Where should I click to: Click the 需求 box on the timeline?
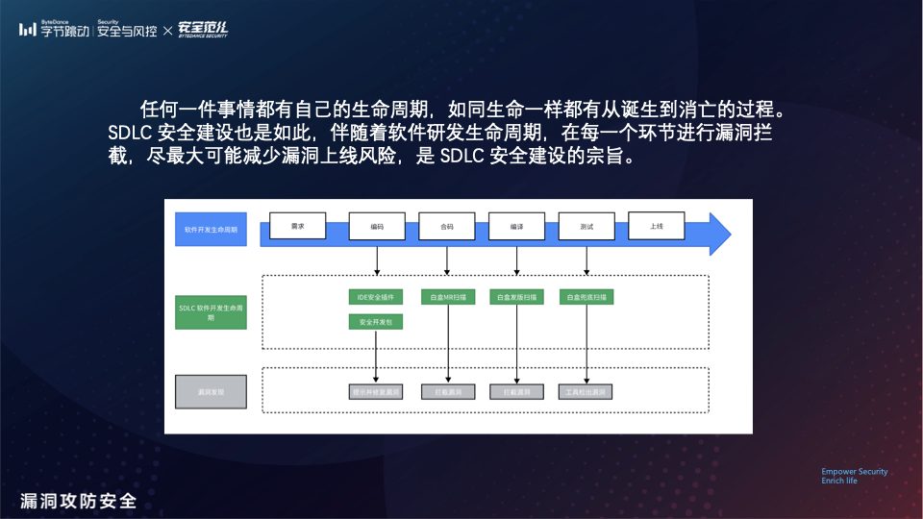coord(297,226)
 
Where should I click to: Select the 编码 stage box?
coord(377,226)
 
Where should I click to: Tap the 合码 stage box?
coord(447,226)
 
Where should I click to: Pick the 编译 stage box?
coord(517,226)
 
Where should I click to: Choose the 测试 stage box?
coord(586,226)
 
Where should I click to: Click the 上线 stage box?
coord(657,226)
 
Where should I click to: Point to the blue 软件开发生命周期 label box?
coord(211,231)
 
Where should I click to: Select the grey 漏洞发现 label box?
coord(211,392)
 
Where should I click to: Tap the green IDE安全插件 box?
coord(376,298)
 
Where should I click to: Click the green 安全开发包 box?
coord(376,323)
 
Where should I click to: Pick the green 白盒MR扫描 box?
coord(447,298)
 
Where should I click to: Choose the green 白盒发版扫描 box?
coord(517,298)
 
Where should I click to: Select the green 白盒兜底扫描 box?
coord(586,298)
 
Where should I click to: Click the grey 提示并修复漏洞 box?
coord(376,392)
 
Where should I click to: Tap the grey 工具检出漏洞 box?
coord(586,392)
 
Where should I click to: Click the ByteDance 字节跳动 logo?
coord(55,30)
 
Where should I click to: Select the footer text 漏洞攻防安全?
coord(78,501)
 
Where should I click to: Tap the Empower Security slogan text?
coord(854,472)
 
